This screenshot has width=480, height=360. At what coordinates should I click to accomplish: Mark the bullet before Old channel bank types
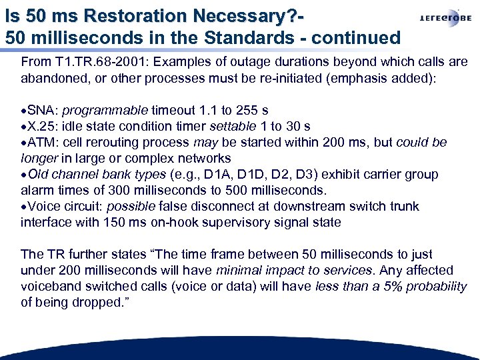[x=23, y=175]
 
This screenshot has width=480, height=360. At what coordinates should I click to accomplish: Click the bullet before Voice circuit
[x=23, y=207]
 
